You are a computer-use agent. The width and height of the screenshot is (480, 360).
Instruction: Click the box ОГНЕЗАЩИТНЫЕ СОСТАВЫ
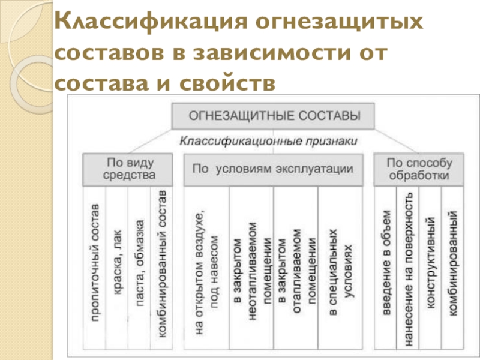pyautogui.click(x=274, y=115)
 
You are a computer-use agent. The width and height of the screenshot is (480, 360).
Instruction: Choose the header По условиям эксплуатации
pyautogui.click(x=273, y=169)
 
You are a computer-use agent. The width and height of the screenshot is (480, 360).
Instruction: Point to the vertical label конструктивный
pyautogui.click(x=430, y=270)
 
